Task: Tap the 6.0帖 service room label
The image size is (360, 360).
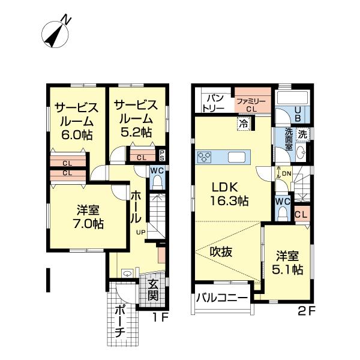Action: (x=76, y=121)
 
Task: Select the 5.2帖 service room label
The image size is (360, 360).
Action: (x=136, y=118)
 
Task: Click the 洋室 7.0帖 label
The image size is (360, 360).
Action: (x=88, y=217)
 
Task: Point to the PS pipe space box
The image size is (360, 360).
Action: (x=162, y=155)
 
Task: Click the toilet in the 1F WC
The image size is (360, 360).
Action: (x=157, y=182)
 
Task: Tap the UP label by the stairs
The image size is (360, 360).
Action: (x=141, y=232)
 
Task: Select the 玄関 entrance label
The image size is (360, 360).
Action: (x=153, y=290)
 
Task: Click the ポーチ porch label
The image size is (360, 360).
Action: (x=120, y=321)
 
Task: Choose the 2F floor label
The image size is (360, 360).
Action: (x=307, y=311)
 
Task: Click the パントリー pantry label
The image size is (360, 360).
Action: (x=214, y=103)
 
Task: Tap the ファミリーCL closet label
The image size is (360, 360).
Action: (x=251, y=105)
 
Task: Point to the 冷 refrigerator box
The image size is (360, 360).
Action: (x=244, y=124)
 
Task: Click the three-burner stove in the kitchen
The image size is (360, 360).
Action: (x=204, y=157)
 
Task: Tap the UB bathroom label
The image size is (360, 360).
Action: (x=298, y=114)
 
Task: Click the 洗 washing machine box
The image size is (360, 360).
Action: (x=302, y=134)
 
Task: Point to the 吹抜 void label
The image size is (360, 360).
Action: (x=221, y=252)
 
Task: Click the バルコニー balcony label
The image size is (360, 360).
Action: (x=222, y=298)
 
